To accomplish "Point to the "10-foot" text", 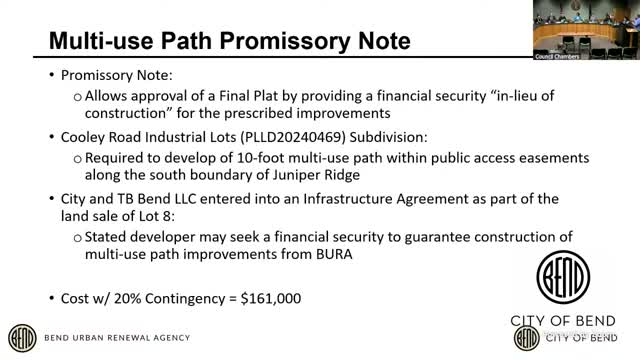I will pyautogui.click(x=254, y=156).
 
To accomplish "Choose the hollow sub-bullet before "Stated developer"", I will pyautogui.click(x=78, y=235).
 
